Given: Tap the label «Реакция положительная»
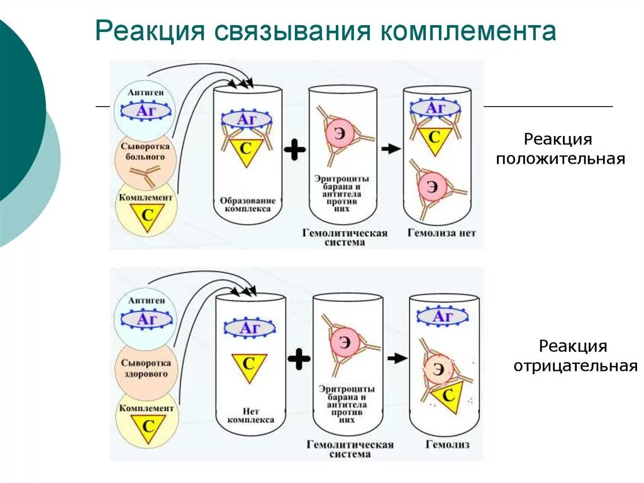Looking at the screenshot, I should click(560, 149).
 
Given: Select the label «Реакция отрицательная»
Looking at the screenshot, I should click(575, 356).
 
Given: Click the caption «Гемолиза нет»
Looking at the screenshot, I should click(441, 233).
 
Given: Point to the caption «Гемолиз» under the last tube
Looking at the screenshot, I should click(448, 444).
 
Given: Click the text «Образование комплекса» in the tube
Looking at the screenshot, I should click(247, 204).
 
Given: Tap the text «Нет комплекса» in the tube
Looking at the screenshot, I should click(250, 414).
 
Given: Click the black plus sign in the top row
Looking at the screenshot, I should click(294, 150).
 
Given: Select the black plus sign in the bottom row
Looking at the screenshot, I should click(299, 360).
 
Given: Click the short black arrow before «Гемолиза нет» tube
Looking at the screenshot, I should click(391, 149).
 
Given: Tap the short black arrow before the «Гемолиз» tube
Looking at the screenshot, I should click(396, 358).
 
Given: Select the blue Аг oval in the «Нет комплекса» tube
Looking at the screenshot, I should click(250, 328).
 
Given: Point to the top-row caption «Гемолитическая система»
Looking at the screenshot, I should click(344, 237).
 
